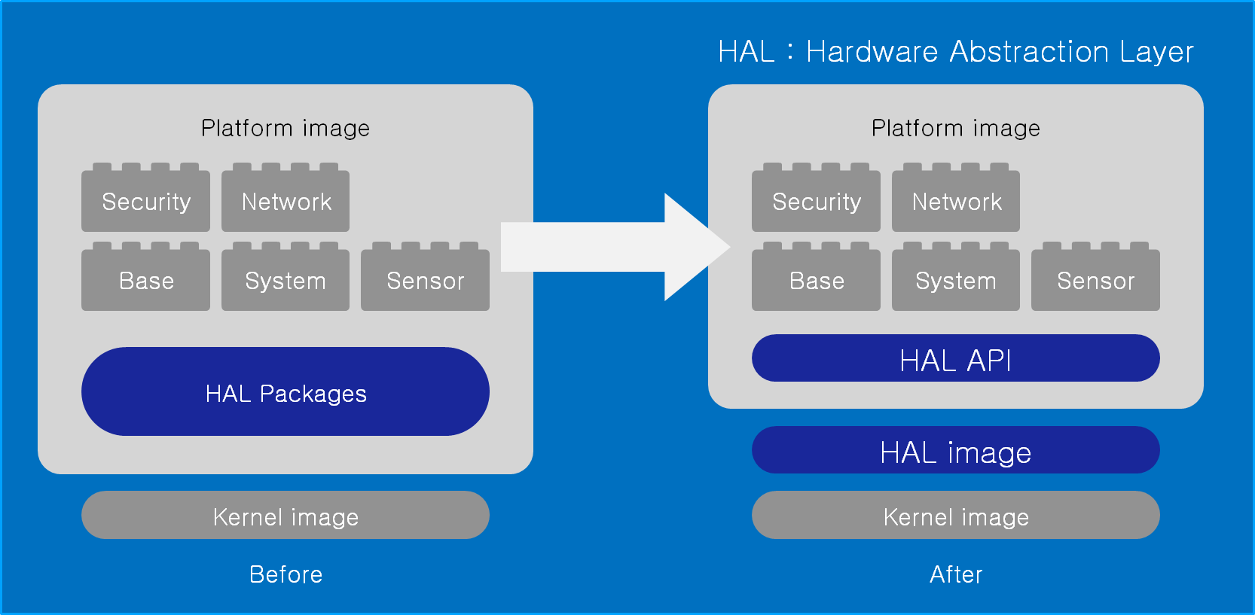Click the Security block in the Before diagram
[145, 201]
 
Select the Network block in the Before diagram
[286, 201]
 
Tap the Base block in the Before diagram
[145, 280]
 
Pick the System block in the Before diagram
[286, 280]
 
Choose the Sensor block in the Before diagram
[425, 280]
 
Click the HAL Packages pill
[286, 392]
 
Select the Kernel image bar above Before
[286, 516]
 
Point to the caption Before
[286, 574]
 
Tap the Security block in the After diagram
[816, 201]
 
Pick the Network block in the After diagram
[956, 201]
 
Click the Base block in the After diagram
[816, 280]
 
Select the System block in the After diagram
[956, 280]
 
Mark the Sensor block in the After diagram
[1095, 280]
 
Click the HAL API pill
[955, 359]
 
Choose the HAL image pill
[955, 451]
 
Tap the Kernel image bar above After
[955, 516]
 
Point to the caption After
[955, 574]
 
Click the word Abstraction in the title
[1029, 52]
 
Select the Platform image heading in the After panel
[955, 128]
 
